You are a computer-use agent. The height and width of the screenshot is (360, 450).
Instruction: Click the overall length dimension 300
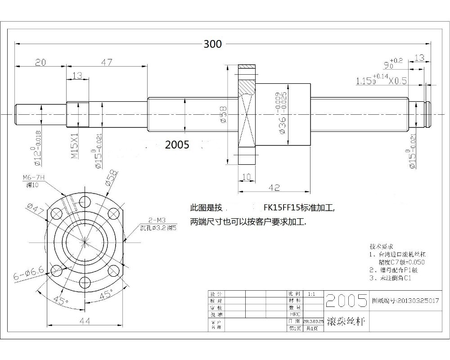[x=212, y=44]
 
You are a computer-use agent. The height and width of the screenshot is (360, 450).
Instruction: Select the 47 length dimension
[x=106, y=63]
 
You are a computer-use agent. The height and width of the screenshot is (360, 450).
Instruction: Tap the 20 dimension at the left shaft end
[x=41, y=63]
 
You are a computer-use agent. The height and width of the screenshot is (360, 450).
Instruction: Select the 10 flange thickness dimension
[x=246, y=176]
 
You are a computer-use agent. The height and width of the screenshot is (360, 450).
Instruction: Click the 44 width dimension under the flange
[x=85, y=320]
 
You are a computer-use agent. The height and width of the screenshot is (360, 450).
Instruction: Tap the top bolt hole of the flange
[x=85, y=201]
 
